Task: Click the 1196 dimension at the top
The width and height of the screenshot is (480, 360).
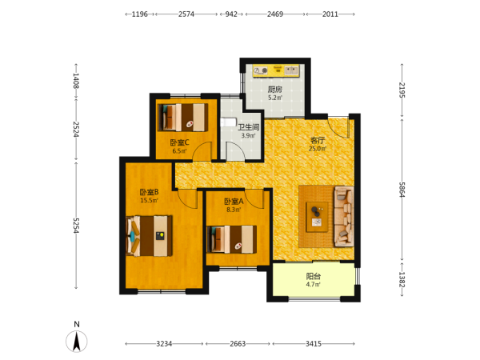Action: pyautogui.click(x=139, y=14)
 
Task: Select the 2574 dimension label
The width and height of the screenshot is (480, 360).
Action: pyautogui.click(x=186, y=14)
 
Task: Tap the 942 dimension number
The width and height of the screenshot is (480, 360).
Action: pyautogui.click(x=231, y=14)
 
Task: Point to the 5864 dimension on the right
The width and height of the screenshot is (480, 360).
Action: pyautogui.click(x=402, y=190)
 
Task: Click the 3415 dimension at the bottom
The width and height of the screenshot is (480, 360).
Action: pyautogui.click(x=314, y=344)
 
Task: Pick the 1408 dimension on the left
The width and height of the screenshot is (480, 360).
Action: pyautogui.click(x=76, y=81)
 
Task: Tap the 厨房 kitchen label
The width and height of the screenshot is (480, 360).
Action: pyautogui.click(x=275, y=90)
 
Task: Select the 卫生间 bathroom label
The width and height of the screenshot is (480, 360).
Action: pyautogui.click(x=249, y=127)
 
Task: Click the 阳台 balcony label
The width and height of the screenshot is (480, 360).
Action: pyautogui.click(x=314, y=276)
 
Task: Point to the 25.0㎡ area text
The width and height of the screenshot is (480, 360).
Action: pyautogui.click(x=318, y=149)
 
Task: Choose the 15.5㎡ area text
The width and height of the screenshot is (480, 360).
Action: pyautogui.click(x=149, y=201)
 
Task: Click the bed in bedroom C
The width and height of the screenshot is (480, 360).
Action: pyautogui.click(x=183, y=118)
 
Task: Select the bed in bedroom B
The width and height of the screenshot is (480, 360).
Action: pyautogui.click(x=149, y=236)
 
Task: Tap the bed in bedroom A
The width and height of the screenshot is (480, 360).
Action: pyautogui.click(x=232, y=239)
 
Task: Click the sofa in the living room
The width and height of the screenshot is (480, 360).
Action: pyautogui.click(x=344, y=217)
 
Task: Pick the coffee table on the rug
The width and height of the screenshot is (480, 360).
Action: pyautogui.click(x=317, y=217)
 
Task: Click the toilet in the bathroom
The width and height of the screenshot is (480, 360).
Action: pyautogui.click(x=228, y=122)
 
